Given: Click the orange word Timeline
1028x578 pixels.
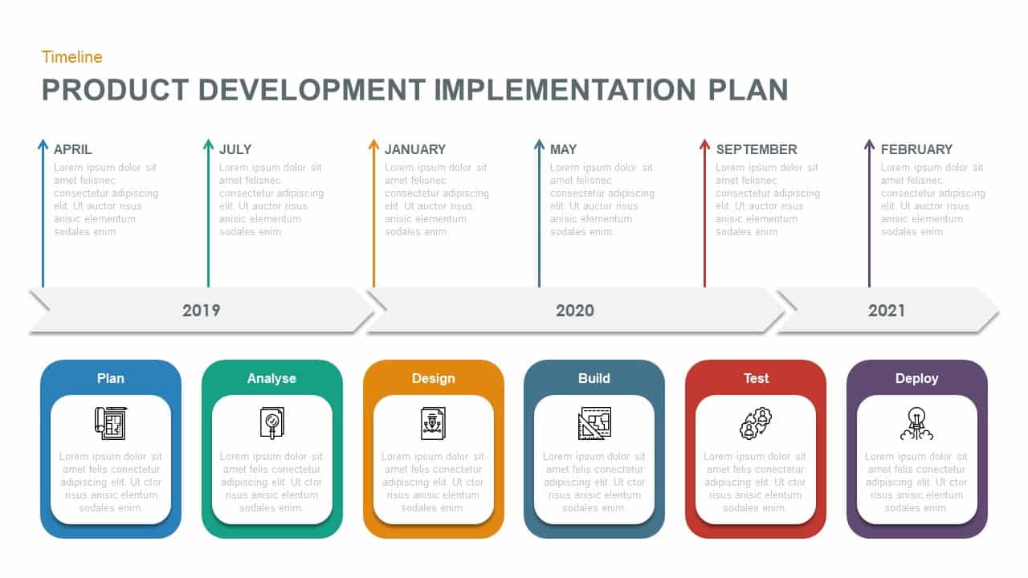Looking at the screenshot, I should [71, 57].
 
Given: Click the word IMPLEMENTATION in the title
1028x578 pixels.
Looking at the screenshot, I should [565, 90].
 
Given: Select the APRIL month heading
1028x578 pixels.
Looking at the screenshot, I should [73, 149].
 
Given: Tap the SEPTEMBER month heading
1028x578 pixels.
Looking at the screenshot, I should [757, 149].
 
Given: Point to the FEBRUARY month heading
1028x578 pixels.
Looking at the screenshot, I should [916, 149].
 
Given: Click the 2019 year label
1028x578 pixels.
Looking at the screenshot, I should [201, 311].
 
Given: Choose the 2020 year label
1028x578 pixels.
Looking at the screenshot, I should [575, 311].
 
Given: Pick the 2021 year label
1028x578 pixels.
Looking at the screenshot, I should [887, 311].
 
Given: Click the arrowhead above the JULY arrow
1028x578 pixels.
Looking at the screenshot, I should [208, 144].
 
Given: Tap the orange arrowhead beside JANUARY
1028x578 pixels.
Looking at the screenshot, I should [373, 144].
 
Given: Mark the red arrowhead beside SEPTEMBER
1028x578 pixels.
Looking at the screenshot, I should [704, 144].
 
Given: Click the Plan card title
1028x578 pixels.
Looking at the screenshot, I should [111, 378].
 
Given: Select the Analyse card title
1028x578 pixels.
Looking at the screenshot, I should [271, 378].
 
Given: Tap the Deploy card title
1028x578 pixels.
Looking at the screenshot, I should [917, 378].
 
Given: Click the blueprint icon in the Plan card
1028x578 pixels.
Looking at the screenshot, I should [111, 422].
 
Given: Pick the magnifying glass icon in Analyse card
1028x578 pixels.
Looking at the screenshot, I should [271, 422].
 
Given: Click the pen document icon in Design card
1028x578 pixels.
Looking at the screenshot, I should [434, 422].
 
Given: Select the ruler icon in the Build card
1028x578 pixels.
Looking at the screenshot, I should [594, 423].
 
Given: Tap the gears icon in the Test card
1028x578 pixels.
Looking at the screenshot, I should [756, 423].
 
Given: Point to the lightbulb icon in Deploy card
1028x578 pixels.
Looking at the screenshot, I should [916, 423].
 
